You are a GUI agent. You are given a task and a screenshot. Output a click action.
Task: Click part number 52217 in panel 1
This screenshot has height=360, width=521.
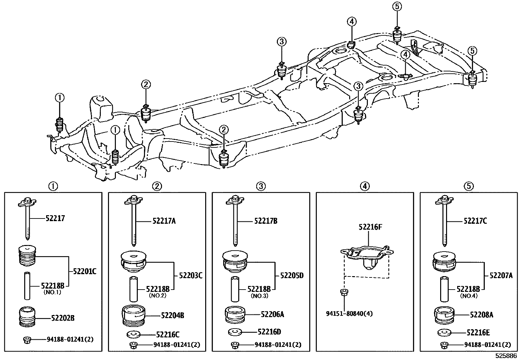point(55,218)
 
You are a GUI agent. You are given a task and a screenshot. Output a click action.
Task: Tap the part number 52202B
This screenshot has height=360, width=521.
point(63,318)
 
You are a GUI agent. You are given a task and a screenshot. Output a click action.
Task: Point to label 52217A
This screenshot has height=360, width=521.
point(164,221)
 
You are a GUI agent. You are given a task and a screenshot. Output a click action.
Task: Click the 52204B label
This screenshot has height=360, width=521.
point(172,315)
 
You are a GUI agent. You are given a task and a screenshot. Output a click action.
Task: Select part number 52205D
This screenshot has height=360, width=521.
point(292,275)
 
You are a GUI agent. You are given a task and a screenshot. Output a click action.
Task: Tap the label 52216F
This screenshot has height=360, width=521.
point(370,227)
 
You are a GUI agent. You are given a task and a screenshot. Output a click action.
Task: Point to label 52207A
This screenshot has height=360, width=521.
point(501,275)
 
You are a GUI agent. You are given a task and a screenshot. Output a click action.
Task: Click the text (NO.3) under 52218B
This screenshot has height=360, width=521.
point(260,295)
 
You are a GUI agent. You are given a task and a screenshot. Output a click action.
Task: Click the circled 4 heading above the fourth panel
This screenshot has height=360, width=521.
point(365,186)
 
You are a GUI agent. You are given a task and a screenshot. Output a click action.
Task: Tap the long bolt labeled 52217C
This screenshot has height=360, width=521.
point(445,223)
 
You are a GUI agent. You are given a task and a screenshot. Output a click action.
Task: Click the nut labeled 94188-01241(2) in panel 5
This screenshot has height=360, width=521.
point(444,345)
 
